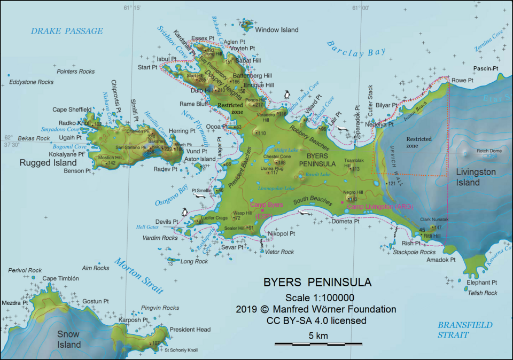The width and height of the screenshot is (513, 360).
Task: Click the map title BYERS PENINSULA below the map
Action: (x=317, y=282)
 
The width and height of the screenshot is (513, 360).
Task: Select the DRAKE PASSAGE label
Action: (x=66, y=31)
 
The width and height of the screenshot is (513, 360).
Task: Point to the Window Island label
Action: (x=276, y=30)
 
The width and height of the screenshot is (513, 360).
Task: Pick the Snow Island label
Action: (x=69, y=339)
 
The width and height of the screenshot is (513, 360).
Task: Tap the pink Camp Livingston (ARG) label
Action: (x=380, y=206)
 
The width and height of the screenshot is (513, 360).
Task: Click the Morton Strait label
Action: (x=138, y=276)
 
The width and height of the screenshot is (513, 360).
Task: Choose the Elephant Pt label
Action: (x=481, y=282)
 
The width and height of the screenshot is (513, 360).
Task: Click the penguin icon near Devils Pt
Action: (x=185, y=212)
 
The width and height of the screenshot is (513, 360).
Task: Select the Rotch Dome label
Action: (x=489, y=151)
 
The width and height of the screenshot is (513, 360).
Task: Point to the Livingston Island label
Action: (x=475, y=177)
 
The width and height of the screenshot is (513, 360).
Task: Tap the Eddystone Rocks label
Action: (x=31, y=82)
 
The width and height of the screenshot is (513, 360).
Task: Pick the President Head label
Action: (x=190, y=330)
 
